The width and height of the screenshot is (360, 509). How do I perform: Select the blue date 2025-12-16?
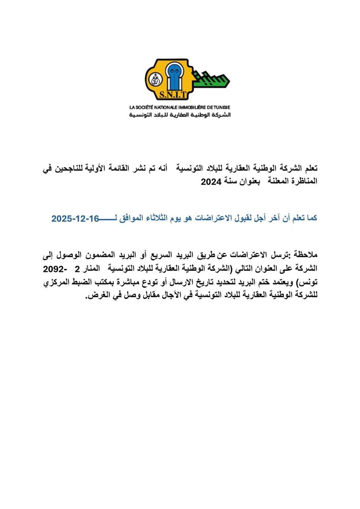[x=75, y=218]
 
